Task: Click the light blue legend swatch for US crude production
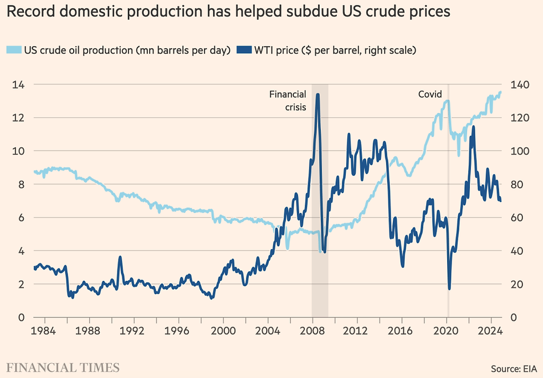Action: pos(14,51)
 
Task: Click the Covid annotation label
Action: pos(429,95)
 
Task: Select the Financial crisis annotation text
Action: pos(288,101)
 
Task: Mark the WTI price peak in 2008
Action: pos(317,95)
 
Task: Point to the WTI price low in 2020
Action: pos(449,288)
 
